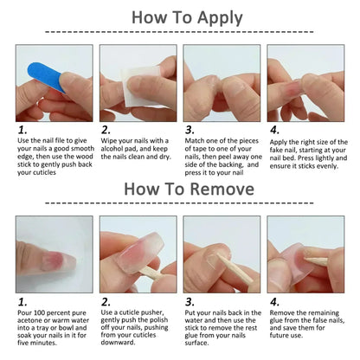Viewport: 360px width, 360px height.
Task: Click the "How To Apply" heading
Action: click(x=180, y=17)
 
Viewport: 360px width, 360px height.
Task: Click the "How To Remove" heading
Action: click(x=180, y=188)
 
